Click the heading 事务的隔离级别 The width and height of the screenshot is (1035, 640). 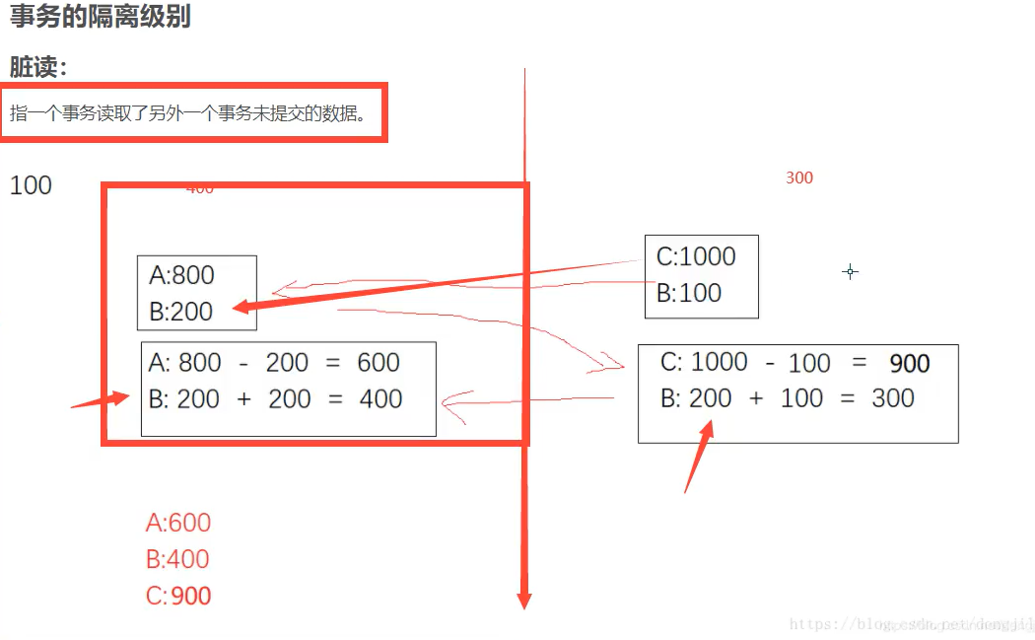pyautogui.click(x=100, y=18)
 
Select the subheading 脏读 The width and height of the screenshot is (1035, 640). pyautogui.click(x=38, y=67)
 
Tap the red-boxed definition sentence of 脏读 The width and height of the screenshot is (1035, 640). pyautogui.click(x=188, y=112)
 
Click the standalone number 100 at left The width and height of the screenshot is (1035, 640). pyautogui.click(x=31, y=185)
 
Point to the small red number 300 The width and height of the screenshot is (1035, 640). pyautogui.click(x=799, y=178)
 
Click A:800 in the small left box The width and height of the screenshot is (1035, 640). pyautogui.click(x=181, y=275)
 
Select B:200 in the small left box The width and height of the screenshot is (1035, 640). pyautogui.click(x=181, y=312)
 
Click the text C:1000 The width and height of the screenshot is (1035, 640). pyautogui.click(x=696, y=256)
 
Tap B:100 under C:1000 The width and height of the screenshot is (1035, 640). pyautogui.click(x=689, y=293)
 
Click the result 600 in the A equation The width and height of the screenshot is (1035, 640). pyautogui.click(x=379, y=363)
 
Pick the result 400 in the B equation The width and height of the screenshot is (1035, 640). pyautogui.click(x=380, y=399)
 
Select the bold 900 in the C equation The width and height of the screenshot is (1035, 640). pyautogui.click(x=909, y=363)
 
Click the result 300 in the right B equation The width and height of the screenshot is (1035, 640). pyautogui.click(x=893, y=398)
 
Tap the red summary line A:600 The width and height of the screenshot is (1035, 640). pyautogui.click(x=178, y=523)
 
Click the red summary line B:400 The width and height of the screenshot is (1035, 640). pyautogui.click(x=178, y=559)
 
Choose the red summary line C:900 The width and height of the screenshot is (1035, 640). pyautogui.click(x=178, y=596)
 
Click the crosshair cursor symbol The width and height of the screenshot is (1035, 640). pyautogui.click(x=850, y=271)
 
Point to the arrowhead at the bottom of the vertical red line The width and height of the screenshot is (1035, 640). pyautogui.click(x=524, y=599)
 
